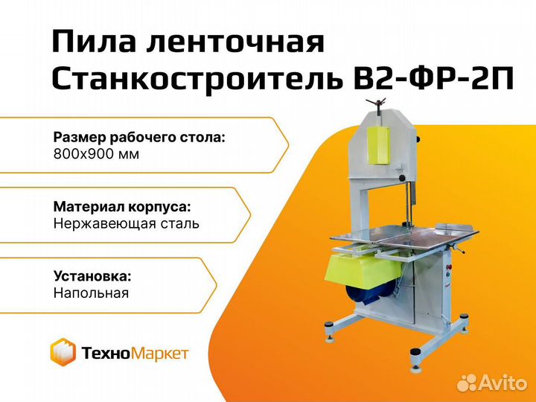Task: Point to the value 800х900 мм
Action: (96, 155)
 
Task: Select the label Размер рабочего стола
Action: (139, 138)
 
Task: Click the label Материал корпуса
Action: (122, 207)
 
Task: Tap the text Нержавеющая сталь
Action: (126, 224)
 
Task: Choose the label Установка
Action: (92, 276)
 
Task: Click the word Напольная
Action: (92, 293)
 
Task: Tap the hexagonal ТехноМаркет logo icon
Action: (63, 351)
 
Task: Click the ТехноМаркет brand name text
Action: (135, 353)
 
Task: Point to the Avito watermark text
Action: (492, 383)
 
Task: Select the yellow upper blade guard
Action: (378, 144)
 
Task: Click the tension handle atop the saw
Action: (375, 103)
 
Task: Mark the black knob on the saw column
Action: (403, 178)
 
